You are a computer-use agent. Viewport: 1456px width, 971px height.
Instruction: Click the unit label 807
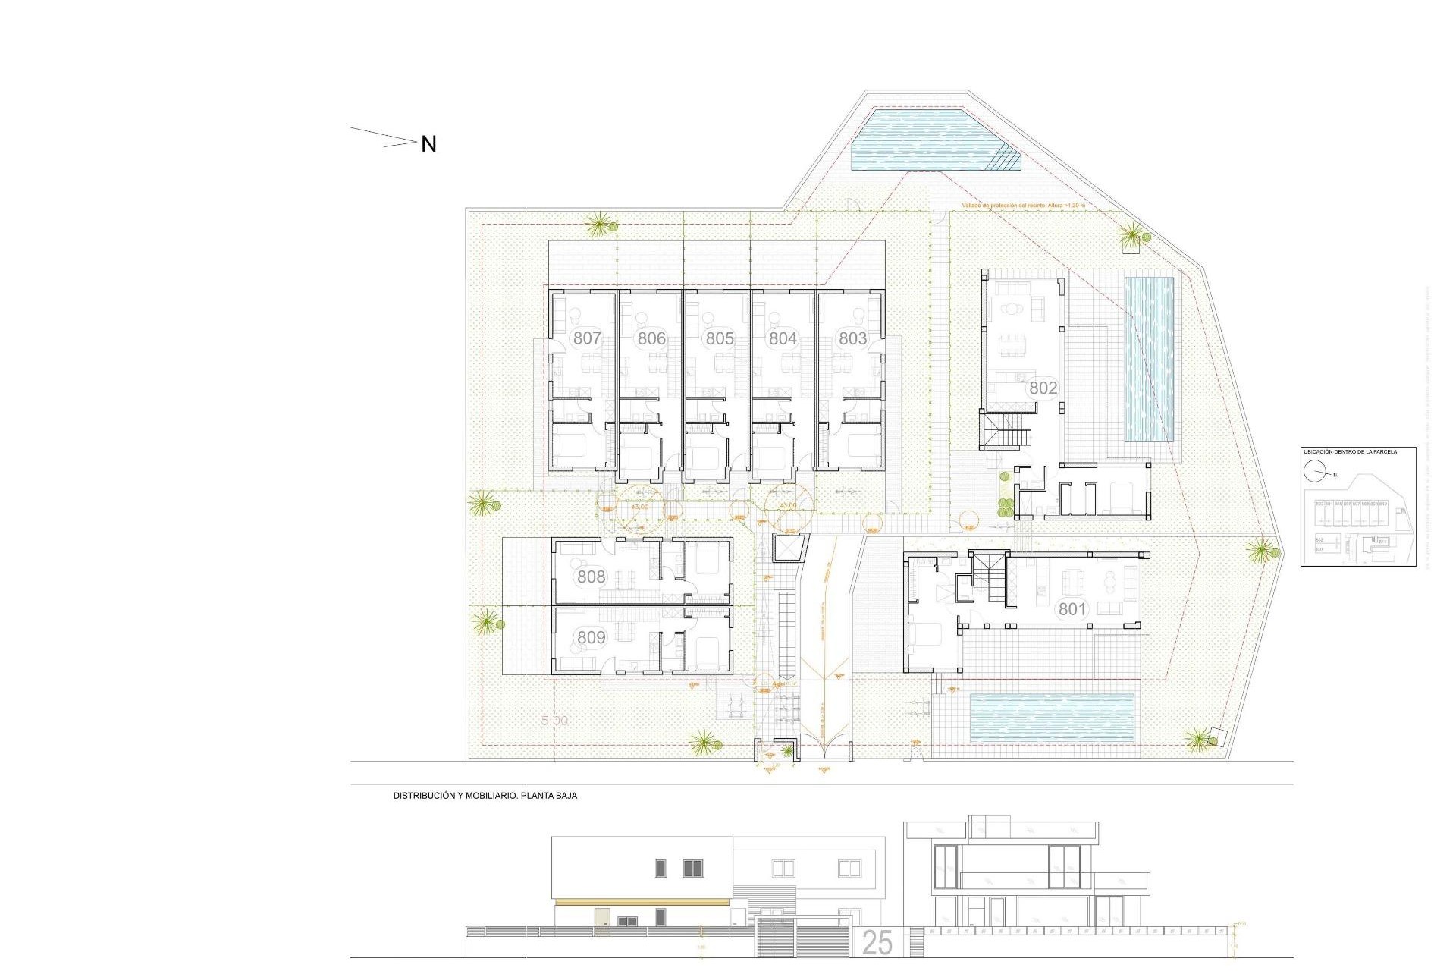pos(587,338)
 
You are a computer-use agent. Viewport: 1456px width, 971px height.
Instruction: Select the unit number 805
pos(720,338)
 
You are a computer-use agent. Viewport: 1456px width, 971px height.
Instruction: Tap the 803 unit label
pos(852,338)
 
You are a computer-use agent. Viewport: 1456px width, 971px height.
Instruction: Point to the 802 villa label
pos(1043,388)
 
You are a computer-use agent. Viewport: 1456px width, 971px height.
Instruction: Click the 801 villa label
pos(1072,608)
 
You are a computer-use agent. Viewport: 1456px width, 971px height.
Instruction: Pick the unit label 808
pos(591,577)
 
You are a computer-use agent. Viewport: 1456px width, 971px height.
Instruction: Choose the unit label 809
pos(591,637)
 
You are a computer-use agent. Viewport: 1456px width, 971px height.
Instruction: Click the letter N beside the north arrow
pos(428,144)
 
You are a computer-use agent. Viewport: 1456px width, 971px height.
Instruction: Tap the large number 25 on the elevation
pos(877,943)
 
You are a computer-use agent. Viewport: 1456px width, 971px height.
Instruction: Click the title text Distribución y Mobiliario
pos(485,796)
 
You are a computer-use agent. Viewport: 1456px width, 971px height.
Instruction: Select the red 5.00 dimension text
pos(554,721)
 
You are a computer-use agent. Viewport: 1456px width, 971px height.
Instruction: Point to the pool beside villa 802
pos(1148,360)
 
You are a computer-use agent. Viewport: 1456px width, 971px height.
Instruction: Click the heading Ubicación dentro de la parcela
pos(1349,451)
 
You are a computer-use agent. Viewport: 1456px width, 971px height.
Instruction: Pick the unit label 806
pos(651,338)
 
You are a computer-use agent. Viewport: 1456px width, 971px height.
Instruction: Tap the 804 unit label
pos(783,338)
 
